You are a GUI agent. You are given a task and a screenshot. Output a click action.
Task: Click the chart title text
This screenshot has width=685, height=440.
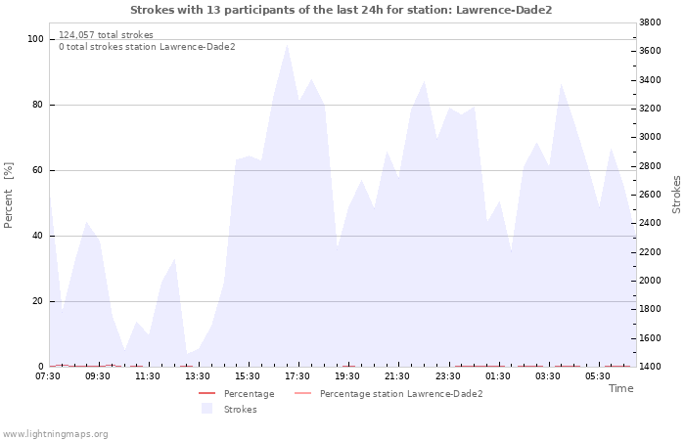(x=342, y=10)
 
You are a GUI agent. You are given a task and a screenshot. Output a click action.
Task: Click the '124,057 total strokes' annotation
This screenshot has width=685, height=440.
(x=106, y=35)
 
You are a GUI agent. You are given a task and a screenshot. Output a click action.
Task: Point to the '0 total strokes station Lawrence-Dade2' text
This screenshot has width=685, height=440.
(x=147, y=47)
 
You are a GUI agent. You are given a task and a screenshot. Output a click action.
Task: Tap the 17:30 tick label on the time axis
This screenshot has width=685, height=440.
(x=297, y=376)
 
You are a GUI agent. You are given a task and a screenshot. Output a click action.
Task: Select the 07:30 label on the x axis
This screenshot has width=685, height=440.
(x=48, y=376)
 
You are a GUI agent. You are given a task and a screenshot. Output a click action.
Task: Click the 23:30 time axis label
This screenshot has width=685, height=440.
(x=448, y=376)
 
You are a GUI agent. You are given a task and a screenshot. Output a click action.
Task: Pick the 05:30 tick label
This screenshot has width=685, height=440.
(x=598, y=376)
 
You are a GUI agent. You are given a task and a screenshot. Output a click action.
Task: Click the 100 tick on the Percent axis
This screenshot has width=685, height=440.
(x=35, y=39)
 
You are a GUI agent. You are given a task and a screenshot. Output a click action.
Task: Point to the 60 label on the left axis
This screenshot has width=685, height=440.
(x=38, y=170)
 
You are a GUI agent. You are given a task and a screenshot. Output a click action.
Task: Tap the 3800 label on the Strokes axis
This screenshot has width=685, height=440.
(x=650, y=22)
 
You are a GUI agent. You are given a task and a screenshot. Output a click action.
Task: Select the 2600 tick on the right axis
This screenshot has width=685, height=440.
(x=650, y=195)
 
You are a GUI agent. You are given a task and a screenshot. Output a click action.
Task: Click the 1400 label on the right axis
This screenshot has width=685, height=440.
(x=650, y=367)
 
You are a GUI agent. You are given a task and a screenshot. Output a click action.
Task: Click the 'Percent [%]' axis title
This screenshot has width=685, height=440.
(x=8, y=195)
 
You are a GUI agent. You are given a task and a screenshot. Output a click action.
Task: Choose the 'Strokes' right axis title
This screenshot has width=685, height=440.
(x=676, y=195)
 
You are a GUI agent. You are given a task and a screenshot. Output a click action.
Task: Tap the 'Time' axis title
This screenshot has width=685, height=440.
(x=620, y=388)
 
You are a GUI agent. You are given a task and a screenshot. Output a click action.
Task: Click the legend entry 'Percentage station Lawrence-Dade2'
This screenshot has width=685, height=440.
(x=401, y=394)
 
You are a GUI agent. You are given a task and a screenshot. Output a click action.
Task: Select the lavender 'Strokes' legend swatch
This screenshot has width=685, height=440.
(x=206, y=409)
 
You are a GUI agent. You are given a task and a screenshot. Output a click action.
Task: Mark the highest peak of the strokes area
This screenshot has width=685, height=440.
(x=287, y=45)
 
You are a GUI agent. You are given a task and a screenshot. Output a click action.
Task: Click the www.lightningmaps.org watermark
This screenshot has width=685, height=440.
(x=55, y=434)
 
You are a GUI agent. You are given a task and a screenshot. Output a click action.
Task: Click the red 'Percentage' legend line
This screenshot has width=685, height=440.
(x=207, y=393)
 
